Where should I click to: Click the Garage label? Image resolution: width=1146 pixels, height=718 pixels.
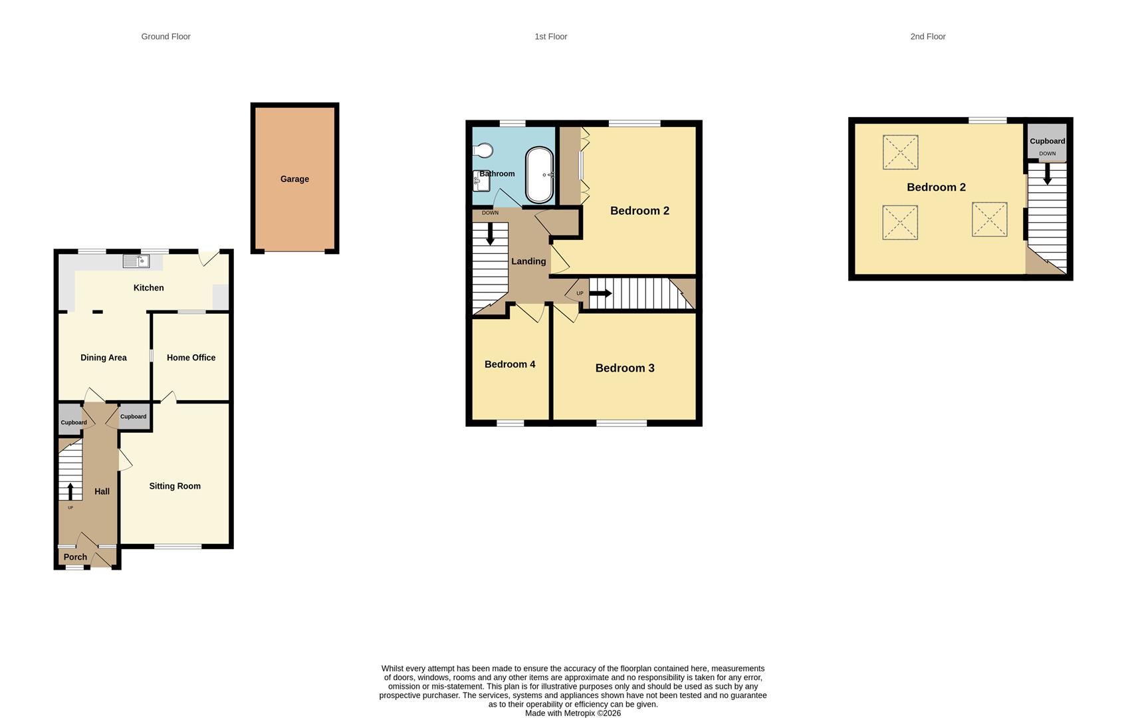[x=294, y=179]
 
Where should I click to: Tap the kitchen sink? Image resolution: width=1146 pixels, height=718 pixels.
[x=136, y=262]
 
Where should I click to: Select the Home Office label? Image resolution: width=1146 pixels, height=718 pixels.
[x=191, y=358]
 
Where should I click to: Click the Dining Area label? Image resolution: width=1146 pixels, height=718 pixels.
[x=103, y=358]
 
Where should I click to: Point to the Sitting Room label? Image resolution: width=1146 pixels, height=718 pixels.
[x=175, y=486]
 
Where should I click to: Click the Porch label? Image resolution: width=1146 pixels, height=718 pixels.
[x=75, y=557]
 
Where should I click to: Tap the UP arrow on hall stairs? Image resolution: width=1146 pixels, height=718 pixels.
[x=70, y=491]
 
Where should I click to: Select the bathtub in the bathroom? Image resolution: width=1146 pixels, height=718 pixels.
[x=539, y=175]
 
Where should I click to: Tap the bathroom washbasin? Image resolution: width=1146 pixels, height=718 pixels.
[x=479, y=180]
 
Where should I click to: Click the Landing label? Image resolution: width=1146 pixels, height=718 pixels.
[x=528, y=261]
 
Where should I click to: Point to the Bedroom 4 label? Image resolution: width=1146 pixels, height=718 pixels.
[x=510, y=364]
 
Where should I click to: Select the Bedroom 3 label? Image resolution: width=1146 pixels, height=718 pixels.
[x=625, y=368]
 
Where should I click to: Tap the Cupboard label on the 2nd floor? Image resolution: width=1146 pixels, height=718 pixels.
[x=1047, y=141]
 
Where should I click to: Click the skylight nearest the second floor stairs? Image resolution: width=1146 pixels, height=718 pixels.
[x=989, y=219]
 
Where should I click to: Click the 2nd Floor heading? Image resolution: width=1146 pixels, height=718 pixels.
[x=927, y=37]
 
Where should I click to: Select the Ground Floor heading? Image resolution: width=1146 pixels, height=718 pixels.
[x=166, y=37]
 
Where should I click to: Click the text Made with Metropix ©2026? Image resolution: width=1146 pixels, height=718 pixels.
[x=572, y=713]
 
